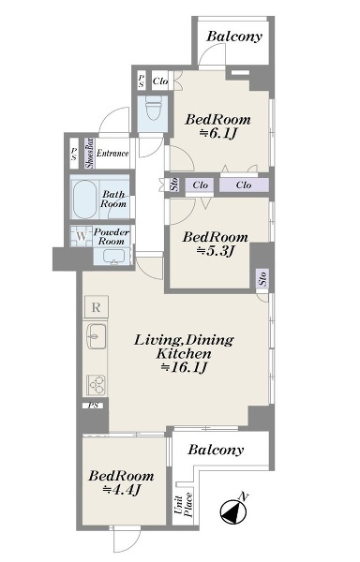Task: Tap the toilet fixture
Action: pyautogui.click(x=153, y=108)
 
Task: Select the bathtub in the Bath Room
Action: pyautogui.click(x=84, y=199)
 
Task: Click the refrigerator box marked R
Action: pyautogui.click(x=96, y=307)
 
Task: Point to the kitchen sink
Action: pyautogui.click(x=97, y=336)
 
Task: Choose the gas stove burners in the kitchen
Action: pyautogui.click(x=97, y=385)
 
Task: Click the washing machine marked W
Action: pyautogui.click(x=82, y=236)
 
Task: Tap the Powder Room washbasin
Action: pyautogui.click(x=114, y=257)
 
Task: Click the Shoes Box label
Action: pyautogui.click(x=89, y=154)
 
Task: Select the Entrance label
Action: pyautogui.click(x=112, y=154)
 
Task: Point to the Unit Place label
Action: pyautogui.click(x=184, y=505)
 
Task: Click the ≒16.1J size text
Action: pyautogui.click(x=185, y=367)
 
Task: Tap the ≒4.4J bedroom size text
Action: pyautogui.click(x=121, y=489)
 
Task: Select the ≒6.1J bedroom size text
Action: pyautogui.click(x=218, y=133)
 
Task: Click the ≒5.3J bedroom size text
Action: pyautogui.click(x=215, y=251)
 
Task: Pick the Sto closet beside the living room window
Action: pyautogui.click(x=262, y=278)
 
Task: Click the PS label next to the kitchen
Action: pyautogui.click(x=94, y=406)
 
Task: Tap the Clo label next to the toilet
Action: pyautogui.click(x=160, y=81)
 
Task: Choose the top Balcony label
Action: pyautogui.click(x=234, y=37)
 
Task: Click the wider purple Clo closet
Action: pyautogui.click(x=244, y=185)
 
